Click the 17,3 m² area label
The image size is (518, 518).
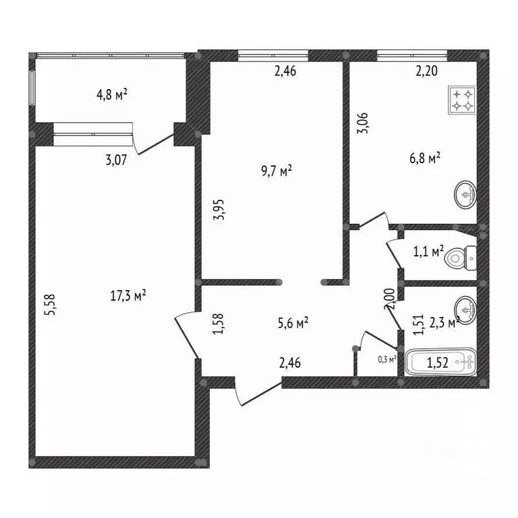coord(128,295)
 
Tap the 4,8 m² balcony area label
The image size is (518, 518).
coord(112,95)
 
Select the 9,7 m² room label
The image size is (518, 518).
coord(277,171)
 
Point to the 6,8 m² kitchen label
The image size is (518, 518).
coord(425,158)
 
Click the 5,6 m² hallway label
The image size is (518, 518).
coord(293,323)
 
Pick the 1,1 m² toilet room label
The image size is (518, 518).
coord(428,252)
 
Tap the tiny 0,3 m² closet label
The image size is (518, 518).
coord(387,359)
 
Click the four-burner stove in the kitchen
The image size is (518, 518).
coord(462,100)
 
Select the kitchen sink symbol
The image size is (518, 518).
coord(465,194)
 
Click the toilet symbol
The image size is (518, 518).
coord(460,258)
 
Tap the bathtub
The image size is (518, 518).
coord(440,362)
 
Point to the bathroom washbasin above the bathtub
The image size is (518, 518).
coord(465,310)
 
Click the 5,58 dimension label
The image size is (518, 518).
coord(51,305)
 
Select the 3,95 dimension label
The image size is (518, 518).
coord(219,210)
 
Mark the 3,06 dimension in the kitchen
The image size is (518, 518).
coord(363,123)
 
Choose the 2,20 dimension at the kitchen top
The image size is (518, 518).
coord(426,71)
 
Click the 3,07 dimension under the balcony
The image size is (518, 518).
coord(116,161)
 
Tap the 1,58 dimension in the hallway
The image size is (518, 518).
coord(219,324)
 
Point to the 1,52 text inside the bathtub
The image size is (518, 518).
coord(437,363)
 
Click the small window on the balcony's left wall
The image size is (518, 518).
coord(32,88)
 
